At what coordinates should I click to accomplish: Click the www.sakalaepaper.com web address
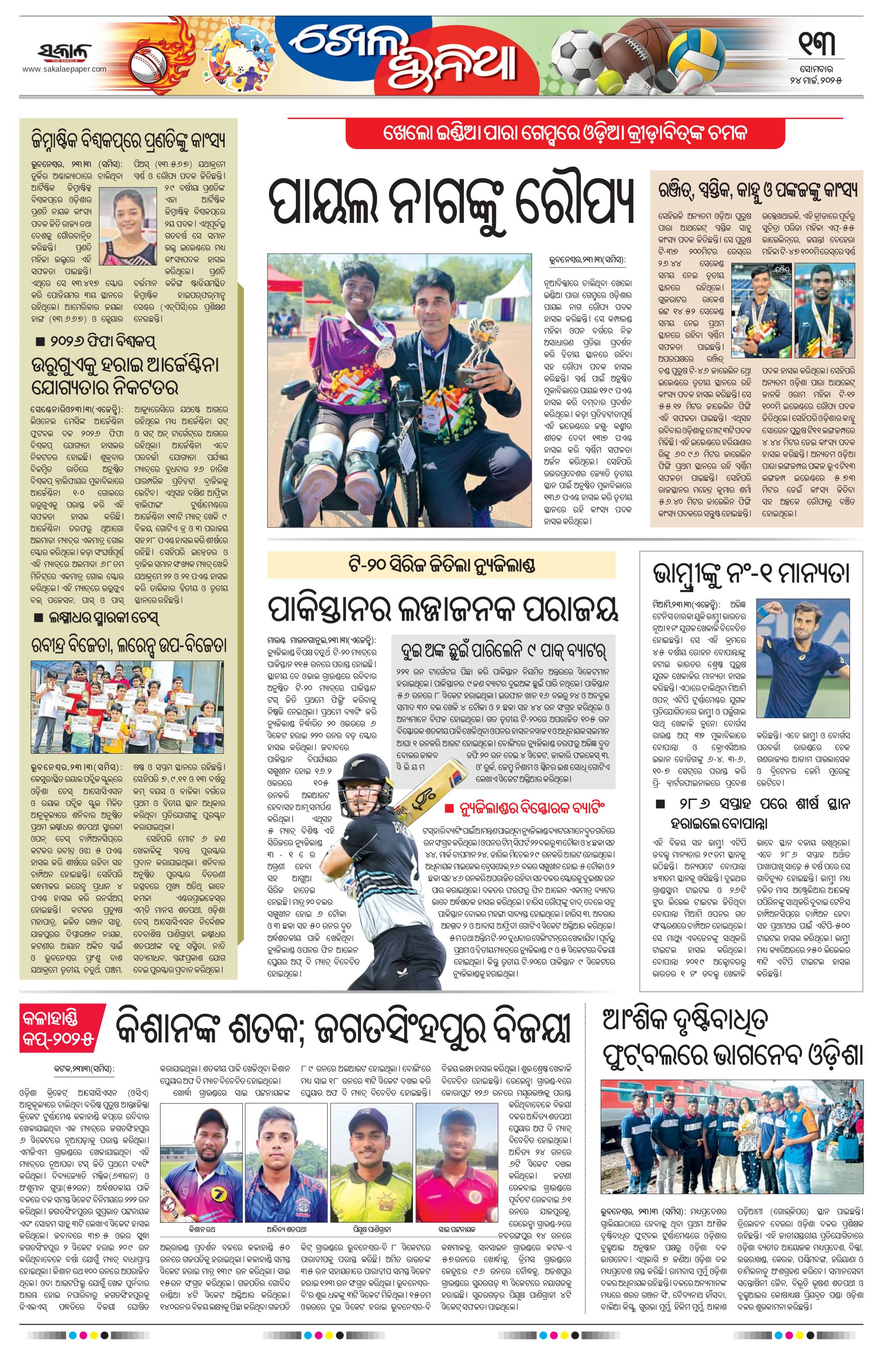64,69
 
